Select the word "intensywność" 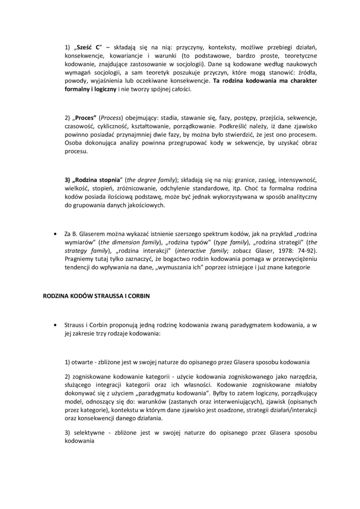tap(297, 181)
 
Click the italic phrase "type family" tap(230, 242)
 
